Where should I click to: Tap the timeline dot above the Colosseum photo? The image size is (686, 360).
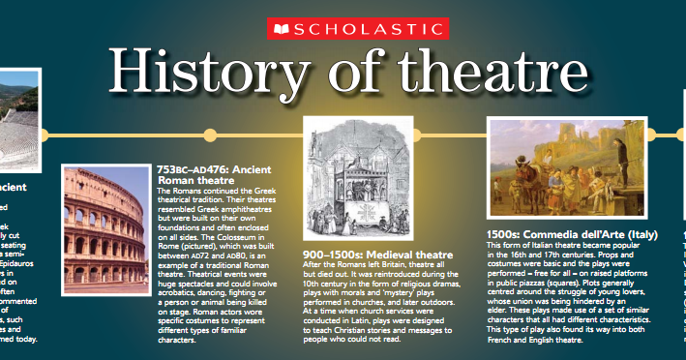click(210, 134)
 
